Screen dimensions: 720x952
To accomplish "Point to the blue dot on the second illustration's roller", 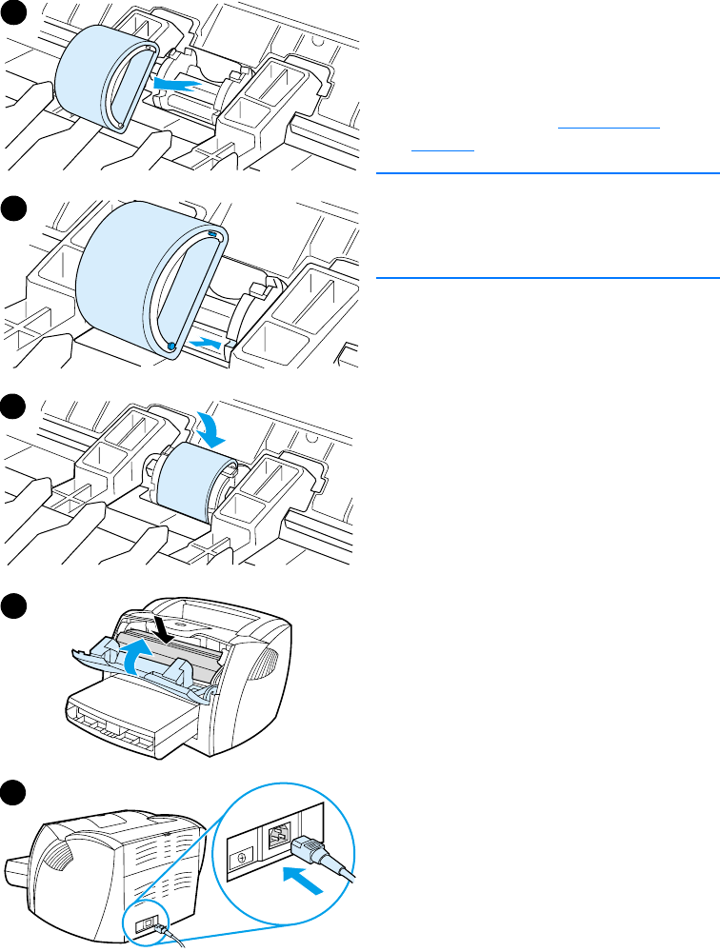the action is click(172, 347).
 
